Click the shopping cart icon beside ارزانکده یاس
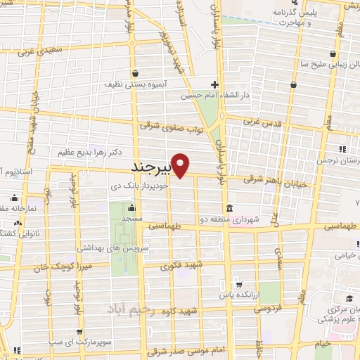(x=240, y=285)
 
